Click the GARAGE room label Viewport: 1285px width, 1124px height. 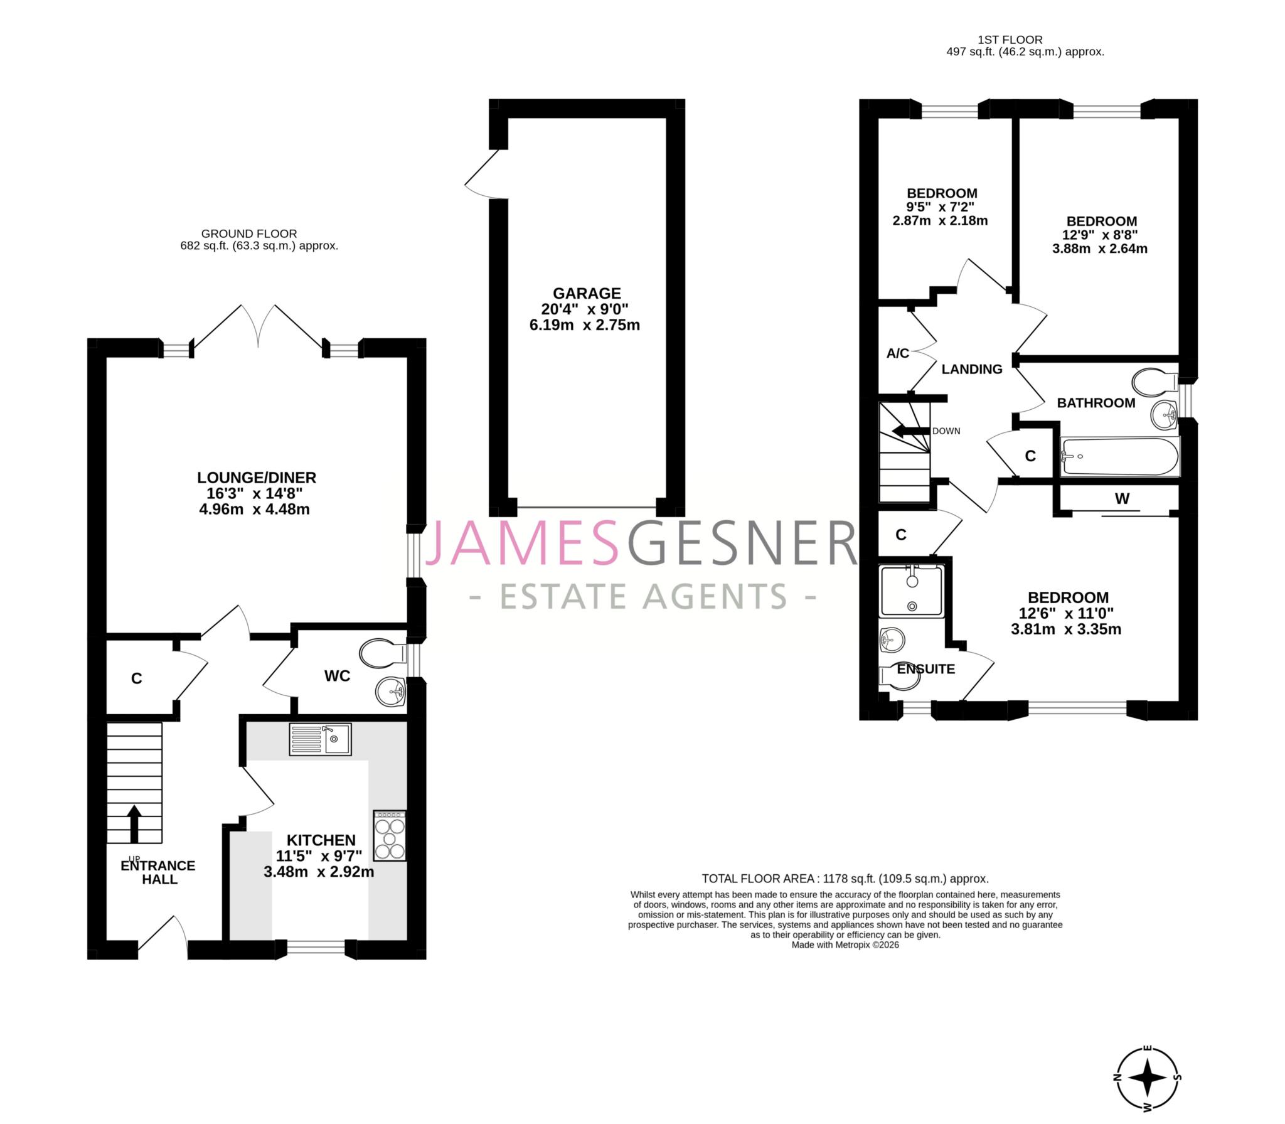pyautogui.click(x=586, y=293)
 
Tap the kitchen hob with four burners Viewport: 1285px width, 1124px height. pyautogui.click(x=390, y=835)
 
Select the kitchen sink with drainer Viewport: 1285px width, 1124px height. pyautogui.click(x=320, y=739)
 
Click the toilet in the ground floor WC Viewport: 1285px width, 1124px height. pyautogui.click(x=382, y=653)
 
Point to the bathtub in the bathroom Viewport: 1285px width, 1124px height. pyautogui.click(x=1119, y=457)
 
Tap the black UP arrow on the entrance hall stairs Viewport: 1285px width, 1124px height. pyautogui.click(x=134, y=823)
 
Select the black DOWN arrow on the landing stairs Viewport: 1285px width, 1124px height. pyautogui.click(x=910, y=431)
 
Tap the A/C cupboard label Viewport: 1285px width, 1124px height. pyautogui.click(x=897, y=353)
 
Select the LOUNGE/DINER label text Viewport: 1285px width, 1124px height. pyautogui.click(x=257, y=478)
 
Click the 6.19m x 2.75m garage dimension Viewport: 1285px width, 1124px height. pyautogui.click(x=585, y=325)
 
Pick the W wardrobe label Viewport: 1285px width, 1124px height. pyautogui.click(x=1122, y=499)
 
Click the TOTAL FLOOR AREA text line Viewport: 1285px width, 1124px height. pyautogui.click(x=845, y=879)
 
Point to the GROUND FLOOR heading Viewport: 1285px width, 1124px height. pyautogui.click(x=249, y=233)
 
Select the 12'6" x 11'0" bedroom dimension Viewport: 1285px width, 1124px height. pyautogui.click(x=1066, y=613)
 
